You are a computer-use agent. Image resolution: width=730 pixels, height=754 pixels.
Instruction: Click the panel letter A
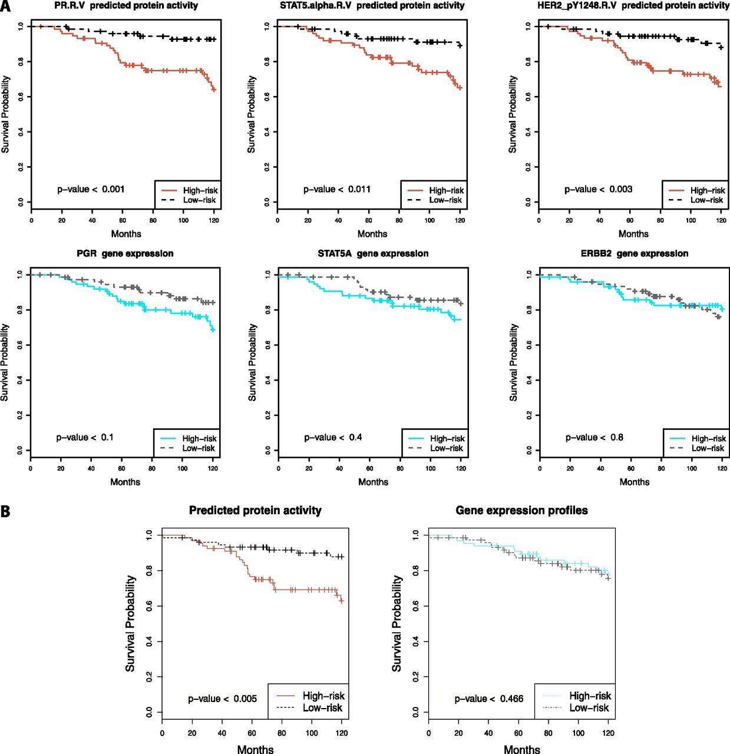click(5, 6)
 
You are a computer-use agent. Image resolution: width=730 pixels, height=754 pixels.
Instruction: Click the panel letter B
click(5, 511)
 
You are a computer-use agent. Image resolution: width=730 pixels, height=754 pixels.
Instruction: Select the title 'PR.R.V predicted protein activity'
click(126, 6)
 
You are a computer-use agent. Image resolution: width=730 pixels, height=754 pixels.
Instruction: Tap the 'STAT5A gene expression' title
click(373, 254)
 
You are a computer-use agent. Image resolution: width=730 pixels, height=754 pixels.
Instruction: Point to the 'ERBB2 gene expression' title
click(634, 254)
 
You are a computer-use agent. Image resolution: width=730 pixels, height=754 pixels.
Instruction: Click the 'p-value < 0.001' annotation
click(91, 189)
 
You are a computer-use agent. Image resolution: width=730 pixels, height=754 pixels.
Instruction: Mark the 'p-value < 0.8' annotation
click(594, 437)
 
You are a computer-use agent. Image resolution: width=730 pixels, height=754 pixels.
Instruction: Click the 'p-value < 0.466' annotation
click(488, 699)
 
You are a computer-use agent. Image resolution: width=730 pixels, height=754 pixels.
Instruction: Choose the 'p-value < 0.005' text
click(222, 699)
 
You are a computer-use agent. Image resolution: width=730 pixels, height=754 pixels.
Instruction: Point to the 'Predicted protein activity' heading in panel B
click(255, 511)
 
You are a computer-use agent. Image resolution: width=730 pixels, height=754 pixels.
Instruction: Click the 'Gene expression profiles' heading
click(521, 511)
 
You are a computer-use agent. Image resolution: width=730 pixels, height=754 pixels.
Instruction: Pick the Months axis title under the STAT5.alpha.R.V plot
click(372, 234)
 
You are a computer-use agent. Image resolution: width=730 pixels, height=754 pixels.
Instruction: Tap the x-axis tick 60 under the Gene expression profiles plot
click(518, 733)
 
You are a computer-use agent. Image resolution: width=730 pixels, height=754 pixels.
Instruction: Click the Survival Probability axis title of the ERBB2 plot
click(513, 362)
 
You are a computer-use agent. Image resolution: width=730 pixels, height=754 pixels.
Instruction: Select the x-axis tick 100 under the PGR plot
click(183, 469)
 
